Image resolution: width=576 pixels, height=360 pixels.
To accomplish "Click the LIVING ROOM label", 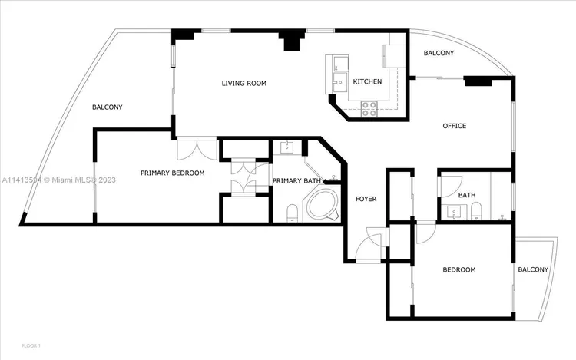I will pyautogui.click(x=243, y=83).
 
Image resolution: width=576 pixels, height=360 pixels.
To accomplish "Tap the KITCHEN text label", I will pyautogui.click(x=367, y=82).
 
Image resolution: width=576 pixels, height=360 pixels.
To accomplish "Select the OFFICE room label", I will pyautogui.click(x=454, y=126).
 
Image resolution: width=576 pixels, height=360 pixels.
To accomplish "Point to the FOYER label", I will pyautogui.click(x=366, y=199).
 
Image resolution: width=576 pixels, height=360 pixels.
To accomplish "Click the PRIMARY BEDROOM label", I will pyautogui.click(x=172, y=173).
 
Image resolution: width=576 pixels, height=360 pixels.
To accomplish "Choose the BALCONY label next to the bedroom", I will pyautogui.click(x=533, y=269).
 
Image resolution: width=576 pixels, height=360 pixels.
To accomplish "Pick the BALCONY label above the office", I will pyautogui.click(x=439, y=53).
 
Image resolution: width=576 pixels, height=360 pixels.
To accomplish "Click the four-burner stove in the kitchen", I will pyautogui.click(x=368, y=108).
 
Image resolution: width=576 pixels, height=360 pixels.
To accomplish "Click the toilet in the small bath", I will pyautogui.click(x=475, y=212).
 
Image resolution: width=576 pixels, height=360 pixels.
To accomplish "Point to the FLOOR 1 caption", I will pyautogui.click(x=31, y=346).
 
